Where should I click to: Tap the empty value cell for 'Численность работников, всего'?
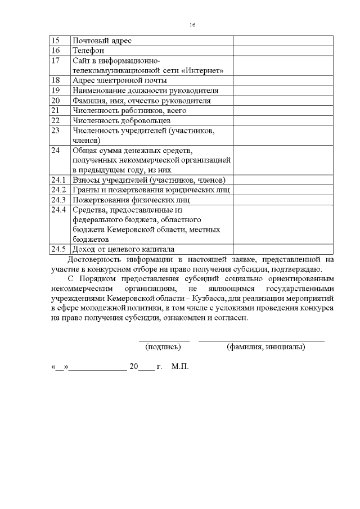[282, 110]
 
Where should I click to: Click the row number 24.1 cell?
[58, 180]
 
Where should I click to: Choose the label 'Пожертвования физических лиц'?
[131, 200]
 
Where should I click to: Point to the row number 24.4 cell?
[58, 210]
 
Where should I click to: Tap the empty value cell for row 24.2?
[282, 190]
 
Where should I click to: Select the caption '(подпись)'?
[163, 347]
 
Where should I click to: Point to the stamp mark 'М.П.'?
[180, 367]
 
